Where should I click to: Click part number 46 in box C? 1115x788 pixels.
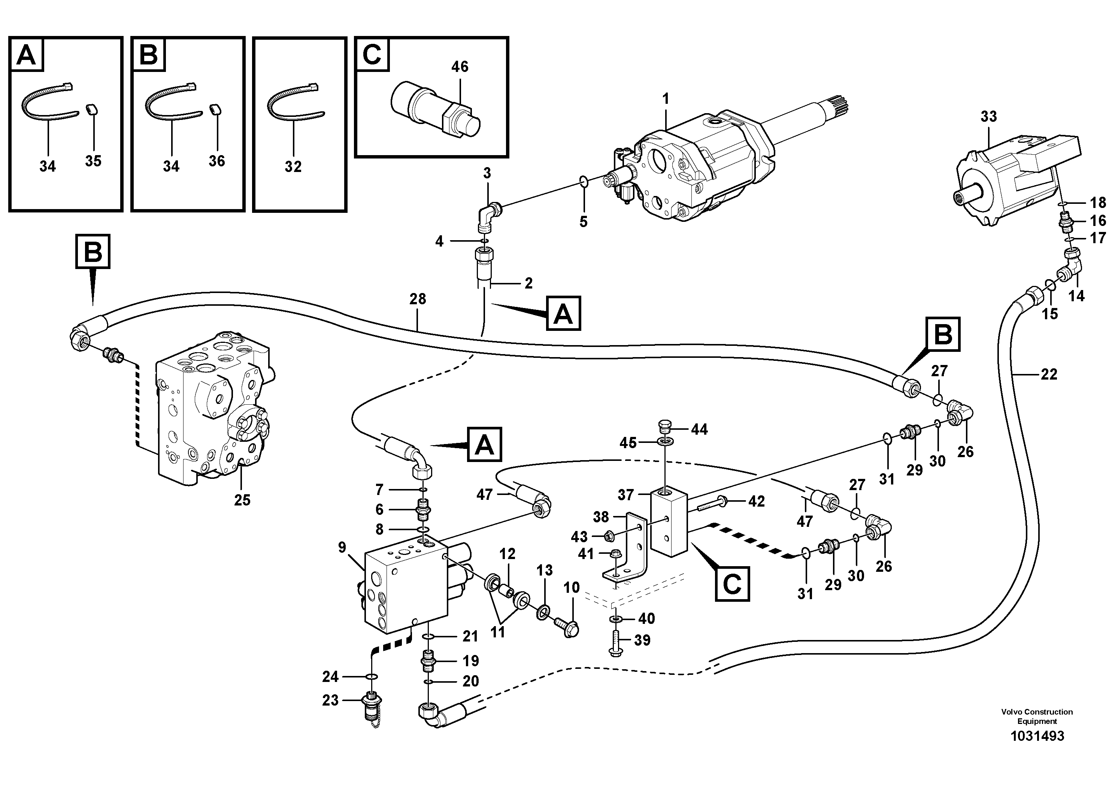point(460,67)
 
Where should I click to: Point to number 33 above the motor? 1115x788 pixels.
point(988,117)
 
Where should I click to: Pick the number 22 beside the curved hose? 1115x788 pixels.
point(1049,374)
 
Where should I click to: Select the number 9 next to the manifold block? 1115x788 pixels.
point(342,547)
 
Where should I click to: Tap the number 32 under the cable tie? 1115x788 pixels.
point(293,167)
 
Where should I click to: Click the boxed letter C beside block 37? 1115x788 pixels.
point(732,584)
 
